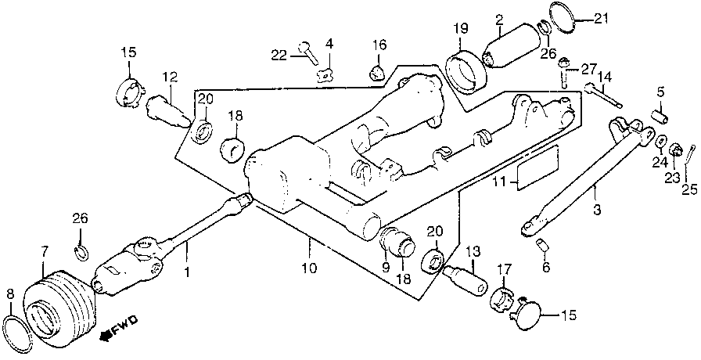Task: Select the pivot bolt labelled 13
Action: point(467,279)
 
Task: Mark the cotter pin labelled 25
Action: point(689,164)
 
